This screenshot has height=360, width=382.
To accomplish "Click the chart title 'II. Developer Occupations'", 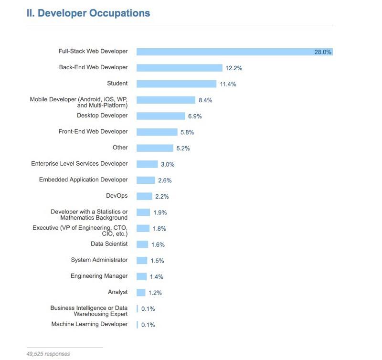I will [88, 13].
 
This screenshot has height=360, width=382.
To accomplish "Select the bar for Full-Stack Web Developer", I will [234, 52].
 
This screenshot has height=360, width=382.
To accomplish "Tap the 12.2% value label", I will [234, 68].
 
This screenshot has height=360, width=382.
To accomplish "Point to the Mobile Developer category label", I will [79, 102].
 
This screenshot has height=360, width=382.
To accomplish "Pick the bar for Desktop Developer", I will [160, 116].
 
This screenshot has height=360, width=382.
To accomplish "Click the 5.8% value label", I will [187, 132].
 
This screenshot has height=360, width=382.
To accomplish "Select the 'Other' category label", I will [120, 148].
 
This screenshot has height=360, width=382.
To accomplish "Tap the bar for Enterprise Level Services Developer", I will [147, 164].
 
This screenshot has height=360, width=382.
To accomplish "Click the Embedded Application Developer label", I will [83, 180].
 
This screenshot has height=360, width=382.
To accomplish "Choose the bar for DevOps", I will [144, 196].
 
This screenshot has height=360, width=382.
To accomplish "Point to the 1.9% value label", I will [160, 212].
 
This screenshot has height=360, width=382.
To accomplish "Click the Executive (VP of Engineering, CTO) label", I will [80, 231].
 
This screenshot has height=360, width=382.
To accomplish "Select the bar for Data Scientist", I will [142, 244].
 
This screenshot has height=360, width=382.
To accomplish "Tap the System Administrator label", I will [99, 260].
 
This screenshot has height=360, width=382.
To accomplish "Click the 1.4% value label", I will [157, 276].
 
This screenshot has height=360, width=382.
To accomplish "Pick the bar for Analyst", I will [141, 293].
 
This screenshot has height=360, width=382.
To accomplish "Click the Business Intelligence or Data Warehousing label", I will [89, 311].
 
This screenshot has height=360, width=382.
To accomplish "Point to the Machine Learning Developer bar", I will [137, 325].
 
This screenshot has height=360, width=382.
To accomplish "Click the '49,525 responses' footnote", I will [48, 354].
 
